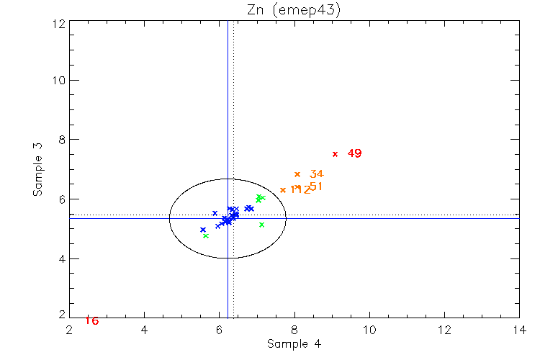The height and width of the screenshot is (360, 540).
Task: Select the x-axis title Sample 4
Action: pos(294,344)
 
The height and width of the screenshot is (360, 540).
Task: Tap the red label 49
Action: pos(354,153)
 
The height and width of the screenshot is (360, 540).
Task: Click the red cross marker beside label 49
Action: pos(335,153)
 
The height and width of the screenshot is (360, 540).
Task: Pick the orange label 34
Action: pos(316,174)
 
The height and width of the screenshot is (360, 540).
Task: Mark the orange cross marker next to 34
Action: pos(297,174)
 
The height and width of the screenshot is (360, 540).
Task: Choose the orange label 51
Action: pos(315,186)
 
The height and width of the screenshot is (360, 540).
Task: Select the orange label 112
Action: pos(300,190)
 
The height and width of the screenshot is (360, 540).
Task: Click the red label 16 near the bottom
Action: pos(91,320)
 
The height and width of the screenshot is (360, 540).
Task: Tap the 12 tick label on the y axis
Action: pos(59,22)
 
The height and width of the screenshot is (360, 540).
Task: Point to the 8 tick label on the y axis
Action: pos(62,140)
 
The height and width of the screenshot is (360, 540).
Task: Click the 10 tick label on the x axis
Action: pos(369,330)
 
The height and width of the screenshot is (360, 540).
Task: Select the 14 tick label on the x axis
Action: pos(519,330)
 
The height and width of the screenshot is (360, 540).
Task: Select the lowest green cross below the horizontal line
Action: pos(206,235)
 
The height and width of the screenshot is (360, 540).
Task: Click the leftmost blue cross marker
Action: pos(203,230)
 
